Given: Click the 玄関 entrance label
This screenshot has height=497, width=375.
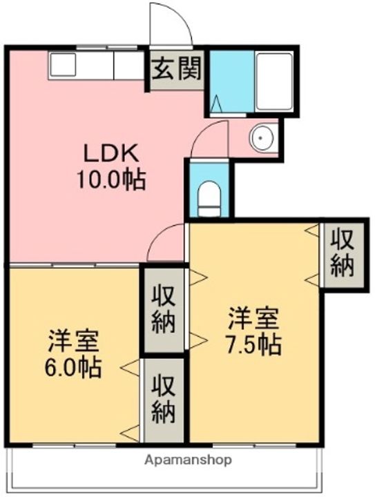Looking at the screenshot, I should point(177,70).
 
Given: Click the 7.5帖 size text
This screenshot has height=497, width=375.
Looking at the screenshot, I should point(255,344).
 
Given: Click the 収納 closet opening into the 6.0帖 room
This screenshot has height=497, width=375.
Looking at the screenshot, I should point(164,399).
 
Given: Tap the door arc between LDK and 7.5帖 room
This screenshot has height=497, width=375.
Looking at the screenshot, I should point(166,245).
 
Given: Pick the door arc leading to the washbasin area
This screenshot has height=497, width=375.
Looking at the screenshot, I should point(211,138).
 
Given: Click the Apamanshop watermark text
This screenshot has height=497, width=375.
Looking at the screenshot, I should point(188,460).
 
